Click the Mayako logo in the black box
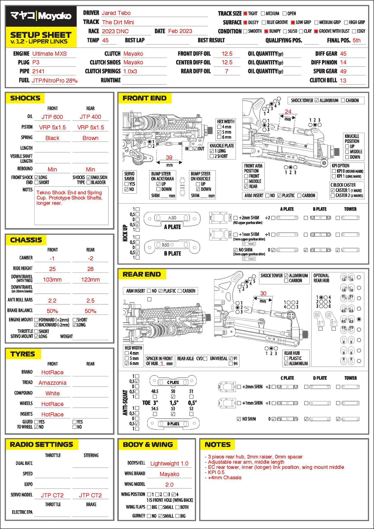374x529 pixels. [41, 16]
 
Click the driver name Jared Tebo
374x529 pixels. [116, 13]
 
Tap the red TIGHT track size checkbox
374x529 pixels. [245, 13]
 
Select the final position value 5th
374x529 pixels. [356, 40]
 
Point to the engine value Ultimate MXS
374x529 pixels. [49, 54]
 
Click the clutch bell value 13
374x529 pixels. [343, 81]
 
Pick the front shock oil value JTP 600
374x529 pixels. [52, 117]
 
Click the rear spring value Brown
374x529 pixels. [90, 138]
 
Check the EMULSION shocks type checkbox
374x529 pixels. [89, 177]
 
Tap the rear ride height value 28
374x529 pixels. [90, 269]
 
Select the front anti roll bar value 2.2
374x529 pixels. [52, 301]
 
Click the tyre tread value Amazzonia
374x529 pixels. [52, 383]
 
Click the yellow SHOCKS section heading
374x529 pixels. [25, 98]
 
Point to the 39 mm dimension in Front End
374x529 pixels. [169, 157]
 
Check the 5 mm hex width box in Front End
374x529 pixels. [219, 132]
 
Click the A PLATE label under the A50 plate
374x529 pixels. [172, 227]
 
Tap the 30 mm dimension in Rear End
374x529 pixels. [263, 293]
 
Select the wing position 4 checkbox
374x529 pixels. [173, 494]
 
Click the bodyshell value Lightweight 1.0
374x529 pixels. [169, 464]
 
